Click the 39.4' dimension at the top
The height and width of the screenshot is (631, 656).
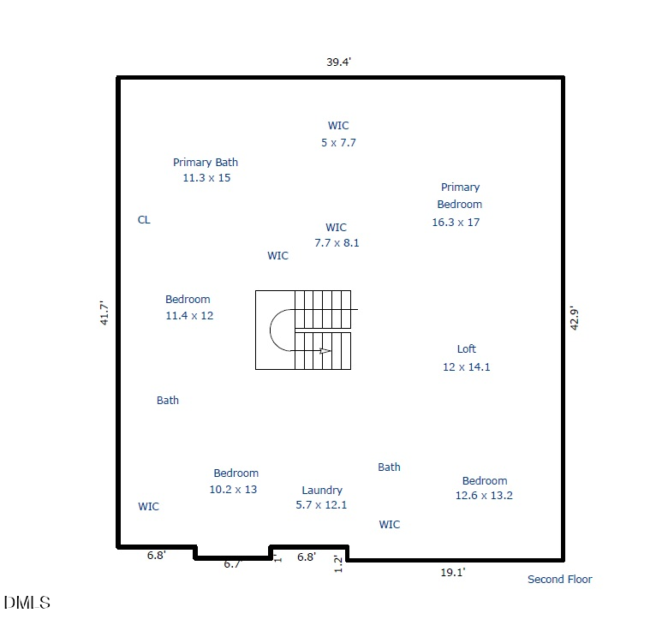click(x=338, y=62)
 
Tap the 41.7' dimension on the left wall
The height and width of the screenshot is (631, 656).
click(x=104, y=313)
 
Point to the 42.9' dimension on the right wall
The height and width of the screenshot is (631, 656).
click(x=575, y=318)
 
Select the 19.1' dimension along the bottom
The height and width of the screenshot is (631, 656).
click(x=453, y=572)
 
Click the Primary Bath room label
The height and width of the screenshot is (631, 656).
click(x=206, y=163)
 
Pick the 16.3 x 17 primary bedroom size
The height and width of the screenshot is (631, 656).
click(x=456, y=222)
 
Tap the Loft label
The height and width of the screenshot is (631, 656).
click(x=467, y=348)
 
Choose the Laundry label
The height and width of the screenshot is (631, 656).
click(x=322, y=490)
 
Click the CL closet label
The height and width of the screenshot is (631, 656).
click(x=144, y=219)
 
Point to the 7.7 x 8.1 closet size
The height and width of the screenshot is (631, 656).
click(x=337, y=242)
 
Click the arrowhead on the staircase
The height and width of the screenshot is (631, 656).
click(x=325, y=351)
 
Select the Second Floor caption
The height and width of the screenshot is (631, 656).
click(x=560, y=579)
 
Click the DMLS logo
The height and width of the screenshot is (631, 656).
click(x=27, y=603)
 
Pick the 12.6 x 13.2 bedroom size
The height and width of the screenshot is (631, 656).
click(x=484, y=495)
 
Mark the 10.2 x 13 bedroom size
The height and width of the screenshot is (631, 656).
click(x=233, y=489)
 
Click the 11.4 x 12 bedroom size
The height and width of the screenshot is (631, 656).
click(x=189, y=315)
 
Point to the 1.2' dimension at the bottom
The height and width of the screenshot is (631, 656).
click(x=338, y=564)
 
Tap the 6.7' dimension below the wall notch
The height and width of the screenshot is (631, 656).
click(x=233, y=564)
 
